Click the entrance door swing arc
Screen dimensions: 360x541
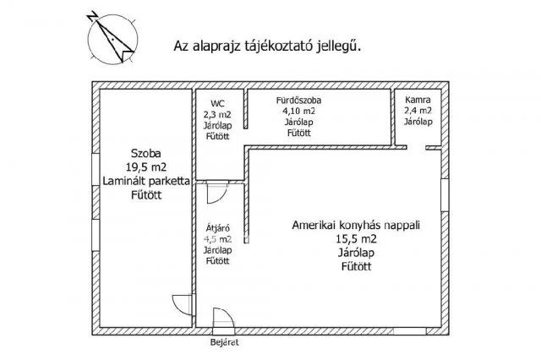[x=221, y=319]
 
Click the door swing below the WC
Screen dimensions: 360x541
[x=215, y=193]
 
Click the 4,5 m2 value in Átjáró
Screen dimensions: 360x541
[x=218, y=239]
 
